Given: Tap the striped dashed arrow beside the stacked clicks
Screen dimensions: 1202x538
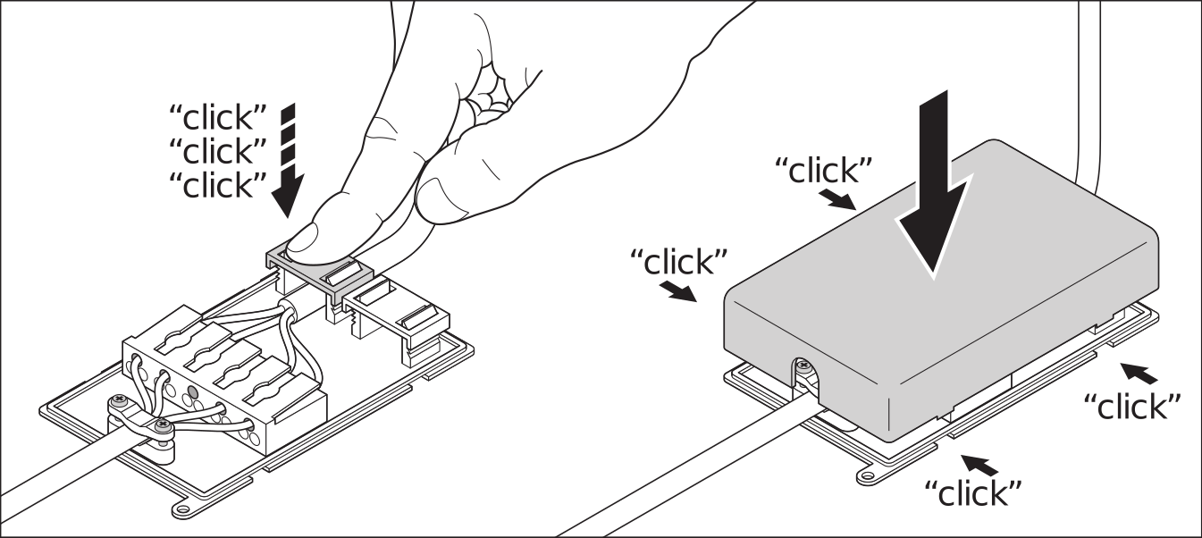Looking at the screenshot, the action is (x=289, y=160).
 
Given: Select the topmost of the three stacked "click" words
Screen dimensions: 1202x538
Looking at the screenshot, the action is (x=217, y=117).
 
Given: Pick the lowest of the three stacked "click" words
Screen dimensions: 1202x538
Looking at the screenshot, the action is (x=217, y=184).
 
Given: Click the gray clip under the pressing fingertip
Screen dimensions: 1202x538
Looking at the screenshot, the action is (x=320, y=270).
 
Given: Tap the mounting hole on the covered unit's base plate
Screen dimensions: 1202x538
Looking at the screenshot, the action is (x=866, y=475).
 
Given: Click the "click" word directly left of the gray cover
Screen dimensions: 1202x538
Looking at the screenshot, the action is (x=678, y=262).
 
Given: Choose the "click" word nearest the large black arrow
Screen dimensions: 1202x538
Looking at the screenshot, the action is (x=824, y=171).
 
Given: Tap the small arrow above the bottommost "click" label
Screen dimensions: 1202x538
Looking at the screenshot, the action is (x=979, y=465).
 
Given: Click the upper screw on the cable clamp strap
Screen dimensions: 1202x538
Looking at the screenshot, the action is (x=120, y=400).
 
